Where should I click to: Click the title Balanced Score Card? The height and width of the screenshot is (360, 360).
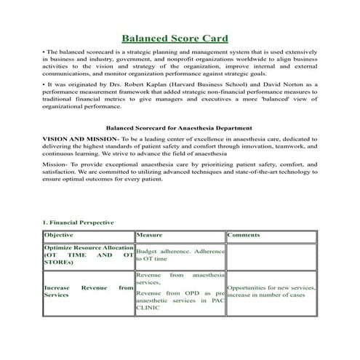click(175, 38)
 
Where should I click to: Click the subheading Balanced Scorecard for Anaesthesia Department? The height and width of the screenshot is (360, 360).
click(180, 126)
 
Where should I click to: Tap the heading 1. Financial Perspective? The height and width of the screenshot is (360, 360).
click(78, 221)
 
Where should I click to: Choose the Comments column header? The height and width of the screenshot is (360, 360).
click(244, 236)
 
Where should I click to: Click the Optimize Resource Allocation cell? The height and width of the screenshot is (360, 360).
click(88, 255)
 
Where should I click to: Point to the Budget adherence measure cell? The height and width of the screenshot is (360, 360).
click(179, 255)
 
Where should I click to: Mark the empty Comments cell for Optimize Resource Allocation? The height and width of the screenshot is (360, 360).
click(271, 255)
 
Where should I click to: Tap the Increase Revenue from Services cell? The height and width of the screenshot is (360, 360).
click(88, 292)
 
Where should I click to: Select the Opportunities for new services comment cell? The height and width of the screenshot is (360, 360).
click(271, 292)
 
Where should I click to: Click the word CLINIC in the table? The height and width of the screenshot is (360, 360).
click(148, 308)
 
